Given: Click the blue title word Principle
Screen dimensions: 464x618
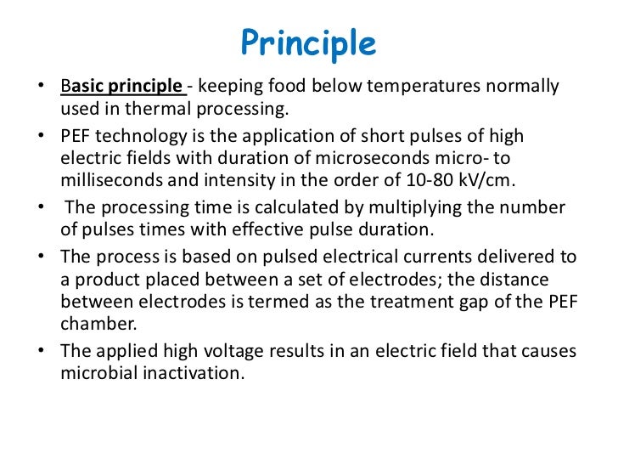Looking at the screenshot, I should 308,42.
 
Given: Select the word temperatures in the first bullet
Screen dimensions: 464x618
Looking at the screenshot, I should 401,86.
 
